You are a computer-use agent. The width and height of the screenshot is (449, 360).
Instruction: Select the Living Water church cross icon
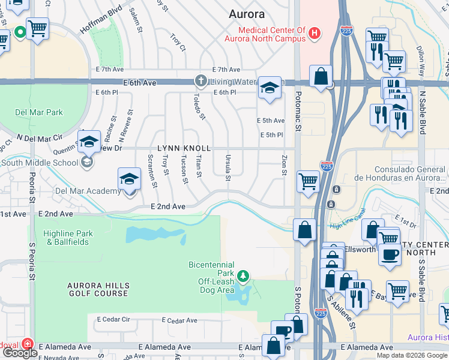point(201,80)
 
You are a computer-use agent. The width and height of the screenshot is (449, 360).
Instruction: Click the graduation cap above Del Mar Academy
point(129,179)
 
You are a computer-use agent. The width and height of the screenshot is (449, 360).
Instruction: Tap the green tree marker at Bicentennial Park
point(243,276)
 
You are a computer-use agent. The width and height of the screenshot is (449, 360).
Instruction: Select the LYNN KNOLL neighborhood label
point(184,148)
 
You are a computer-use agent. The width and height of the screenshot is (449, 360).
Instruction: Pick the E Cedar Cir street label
point(113,320)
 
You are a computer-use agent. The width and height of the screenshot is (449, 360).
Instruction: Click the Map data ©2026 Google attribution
point(412,355)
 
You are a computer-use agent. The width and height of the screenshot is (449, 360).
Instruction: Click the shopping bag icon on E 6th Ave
point(321,77)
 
